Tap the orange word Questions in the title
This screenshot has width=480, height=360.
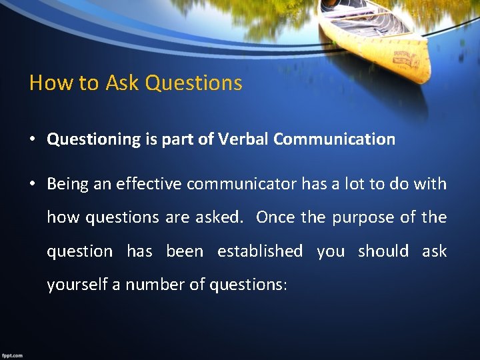click(193, 83)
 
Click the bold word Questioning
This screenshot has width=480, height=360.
click(93, 139)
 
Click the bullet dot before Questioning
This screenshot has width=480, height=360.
click(32, 139)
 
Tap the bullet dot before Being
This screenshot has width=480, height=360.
click(32, 184)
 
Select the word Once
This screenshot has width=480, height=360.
click(275, 217)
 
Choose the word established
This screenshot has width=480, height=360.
click(260, 251)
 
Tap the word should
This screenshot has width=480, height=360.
click(383, 251)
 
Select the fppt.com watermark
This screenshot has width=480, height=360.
click(12, 355)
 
